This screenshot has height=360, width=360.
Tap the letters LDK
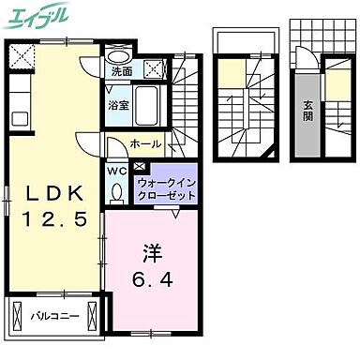52,193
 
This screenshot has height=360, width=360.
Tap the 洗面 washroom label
121,70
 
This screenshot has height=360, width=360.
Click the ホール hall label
144,145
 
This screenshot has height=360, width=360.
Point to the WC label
116,172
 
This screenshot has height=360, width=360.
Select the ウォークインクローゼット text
166,189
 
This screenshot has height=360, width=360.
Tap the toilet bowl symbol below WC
117,191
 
